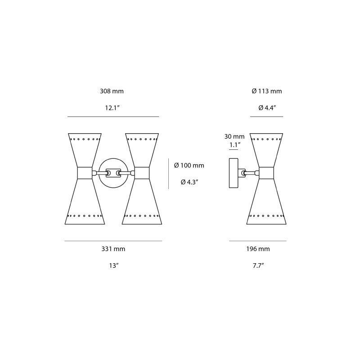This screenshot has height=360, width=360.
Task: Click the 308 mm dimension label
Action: coord(112,91)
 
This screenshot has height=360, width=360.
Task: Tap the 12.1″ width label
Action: coord(112,108)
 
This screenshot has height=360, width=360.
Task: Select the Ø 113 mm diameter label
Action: coord(267,91)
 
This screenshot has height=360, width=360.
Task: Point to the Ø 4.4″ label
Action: coord(267,108)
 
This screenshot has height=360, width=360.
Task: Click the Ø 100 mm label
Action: coord(189,166)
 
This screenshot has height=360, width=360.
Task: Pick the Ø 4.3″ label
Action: coord(189,182)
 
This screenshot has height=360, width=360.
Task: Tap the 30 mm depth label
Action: coord(234,136)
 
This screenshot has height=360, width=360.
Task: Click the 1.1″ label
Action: coord(235,144)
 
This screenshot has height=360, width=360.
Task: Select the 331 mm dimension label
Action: coord(113,249)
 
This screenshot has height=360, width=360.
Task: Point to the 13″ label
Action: coord(113,265)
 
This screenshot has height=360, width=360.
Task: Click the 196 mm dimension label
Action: coord(258,249)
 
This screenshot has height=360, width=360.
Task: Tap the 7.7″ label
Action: coord(258,265)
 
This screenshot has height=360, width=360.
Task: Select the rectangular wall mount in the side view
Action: coord(233,173)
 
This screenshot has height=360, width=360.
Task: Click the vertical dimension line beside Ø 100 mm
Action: coord(169,174)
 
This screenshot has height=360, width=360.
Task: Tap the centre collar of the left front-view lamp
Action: coord(85,173)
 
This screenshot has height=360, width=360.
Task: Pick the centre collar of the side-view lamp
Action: coord(266,173)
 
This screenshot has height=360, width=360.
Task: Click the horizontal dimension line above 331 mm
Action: coord(113,241)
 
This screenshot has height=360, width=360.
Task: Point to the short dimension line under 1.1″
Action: coord(234,150)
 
